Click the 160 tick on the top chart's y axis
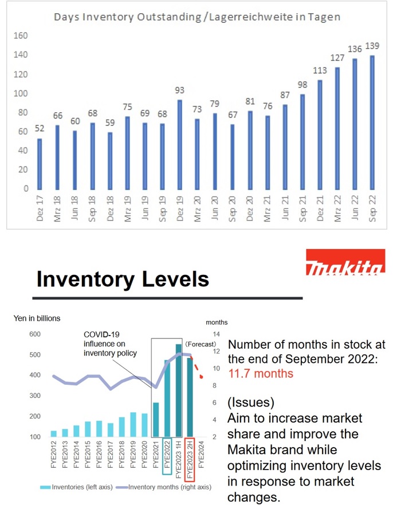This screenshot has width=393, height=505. (21, 35)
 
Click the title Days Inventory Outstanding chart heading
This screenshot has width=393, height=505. (196, 17)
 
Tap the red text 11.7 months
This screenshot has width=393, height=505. (261, 373)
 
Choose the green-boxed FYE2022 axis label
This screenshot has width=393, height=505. (167, 456)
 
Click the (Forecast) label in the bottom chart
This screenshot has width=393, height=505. (201, 344)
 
